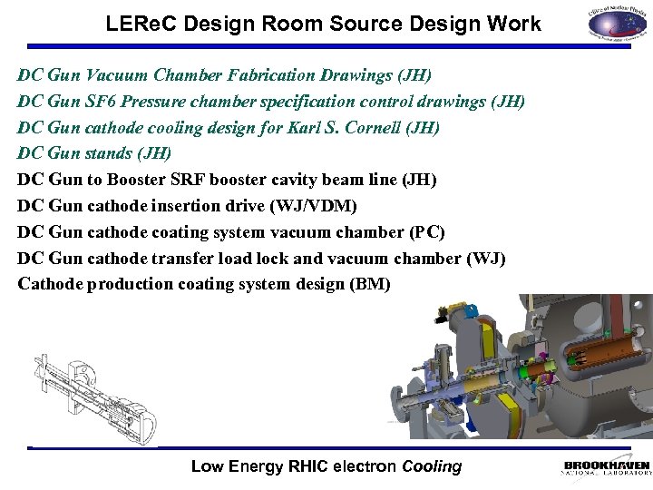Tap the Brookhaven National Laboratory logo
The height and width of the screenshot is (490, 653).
tap(606, 468)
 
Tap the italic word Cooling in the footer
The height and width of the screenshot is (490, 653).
tap(432, 467)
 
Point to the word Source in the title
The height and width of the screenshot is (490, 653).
tap(356, 24)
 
